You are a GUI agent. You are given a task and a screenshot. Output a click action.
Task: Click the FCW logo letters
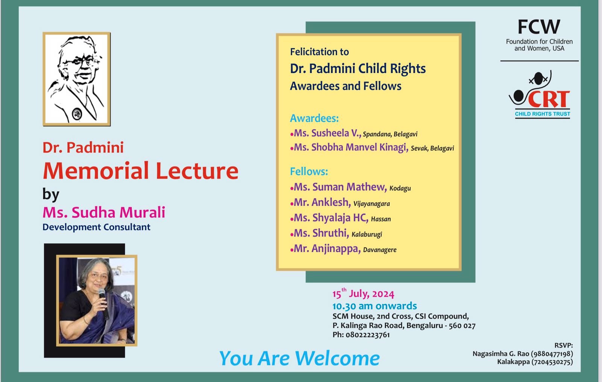pyautogui.click(x=539, y=27)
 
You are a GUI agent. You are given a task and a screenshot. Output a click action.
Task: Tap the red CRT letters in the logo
pyautogui.click(x=549, y=99)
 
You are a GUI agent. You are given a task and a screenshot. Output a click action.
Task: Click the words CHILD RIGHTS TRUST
pyautogui.click(x=542, y=114)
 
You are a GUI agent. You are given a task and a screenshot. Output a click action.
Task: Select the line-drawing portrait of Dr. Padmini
pyautogui.click(x=77, y=79)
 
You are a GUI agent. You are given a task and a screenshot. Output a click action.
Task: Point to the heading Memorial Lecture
pyautogui.click(x=141, y=171)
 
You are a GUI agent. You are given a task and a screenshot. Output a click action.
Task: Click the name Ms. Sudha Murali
pyautogui.click(x=104, y=212)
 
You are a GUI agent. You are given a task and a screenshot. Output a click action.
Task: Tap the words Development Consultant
pyautogui.click(x=96, y=227)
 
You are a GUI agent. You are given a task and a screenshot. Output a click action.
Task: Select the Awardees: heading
pyautogui.click(x=314, y=118)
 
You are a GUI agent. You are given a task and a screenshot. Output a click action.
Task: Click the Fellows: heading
pyautogui.click(x=309, y=171)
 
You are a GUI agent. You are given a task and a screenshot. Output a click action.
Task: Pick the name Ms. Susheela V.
pyautogui.click(x=327, y=133)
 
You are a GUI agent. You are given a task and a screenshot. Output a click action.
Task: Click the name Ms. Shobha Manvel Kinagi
pyautogui.click(x=351, y=147)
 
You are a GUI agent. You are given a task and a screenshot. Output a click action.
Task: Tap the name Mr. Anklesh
pyautogui.click(x=322, y=203)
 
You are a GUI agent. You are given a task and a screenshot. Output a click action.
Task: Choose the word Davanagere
pyautogui.click(x=380, y=250)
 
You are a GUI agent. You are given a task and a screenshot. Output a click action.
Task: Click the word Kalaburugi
pyautogui.click(x=367, y=235)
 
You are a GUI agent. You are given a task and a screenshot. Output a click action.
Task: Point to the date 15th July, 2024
pyautogui.click(x=363, y=294)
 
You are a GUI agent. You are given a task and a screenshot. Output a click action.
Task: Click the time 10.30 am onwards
pyautogui.click(x=375, y=306)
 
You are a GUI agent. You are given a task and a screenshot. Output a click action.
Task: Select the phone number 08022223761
pyautogui.click(x=368, y=335)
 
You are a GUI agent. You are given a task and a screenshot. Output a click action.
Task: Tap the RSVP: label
pyautogui.click(x=564, y=346)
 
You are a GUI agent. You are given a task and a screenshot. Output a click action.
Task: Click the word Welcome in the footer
pyautogui.click(x=337, y=359)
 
